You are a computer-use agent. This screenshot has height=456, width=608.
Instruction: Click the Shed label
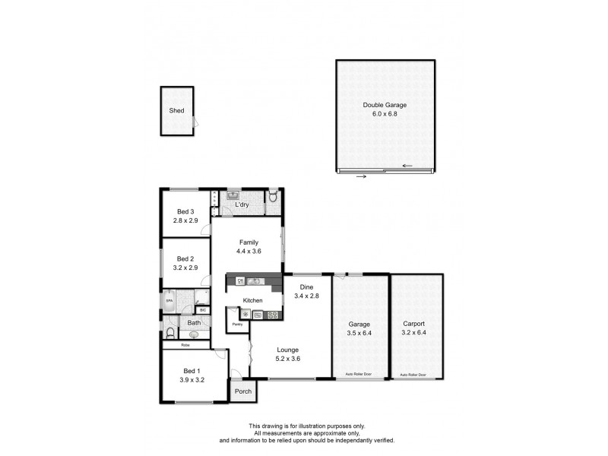click(176, 111)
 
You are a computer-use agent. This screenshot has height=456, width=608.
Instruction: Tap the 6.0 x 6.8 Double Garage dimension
click(385, 114)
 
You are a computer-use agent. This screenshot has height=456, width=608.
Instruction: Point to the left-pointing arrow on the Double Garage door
click(408, 166)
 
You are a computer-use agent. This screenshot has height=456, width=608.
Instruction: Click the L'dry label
click(242, 205)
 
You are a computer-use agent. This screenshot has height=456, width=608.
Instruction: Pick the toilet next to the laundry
click(273, 198)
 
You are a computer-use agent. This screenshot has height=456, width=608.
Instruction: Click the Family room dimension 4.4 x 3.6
click(249, 252)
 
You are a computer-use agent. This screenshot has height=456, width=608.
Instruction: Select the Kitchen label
click(252, 300)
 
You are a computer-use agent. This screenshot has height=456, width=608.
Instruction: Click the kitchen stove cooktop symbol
click(273, 315)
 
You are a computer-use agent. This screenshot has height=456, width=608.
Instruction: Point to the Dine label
click(306, 287)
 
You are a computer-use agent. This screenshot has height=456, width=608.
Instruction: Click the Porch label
click(243, 391)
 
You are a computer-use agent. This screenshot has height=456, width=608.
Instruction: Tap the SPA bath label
click(169, 301)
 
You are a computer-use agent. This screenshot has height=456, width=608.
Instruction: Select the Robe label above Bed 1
click(185, 345)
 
